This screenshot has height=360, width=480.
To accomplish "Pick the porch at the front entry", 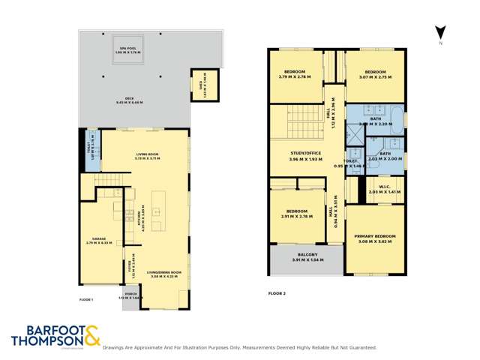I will [x=131, y=298].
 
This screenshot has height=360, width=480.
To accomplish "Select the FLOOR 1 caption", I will [x=85, y=299].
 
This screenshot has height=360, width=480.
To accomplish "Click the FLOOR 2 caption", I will [x=275, y=292].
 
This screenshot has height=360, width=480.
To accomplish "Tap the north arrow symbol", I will [x=442, y=33].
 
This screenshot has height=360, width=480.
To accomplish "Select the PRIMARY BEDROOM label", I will [x=376, y=238].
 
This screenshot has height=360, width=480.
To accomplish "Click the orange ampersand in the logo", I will [x=91, y=334].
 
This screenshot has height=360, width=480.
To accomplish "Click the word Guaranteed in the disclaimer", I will [x=359, y=348].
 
